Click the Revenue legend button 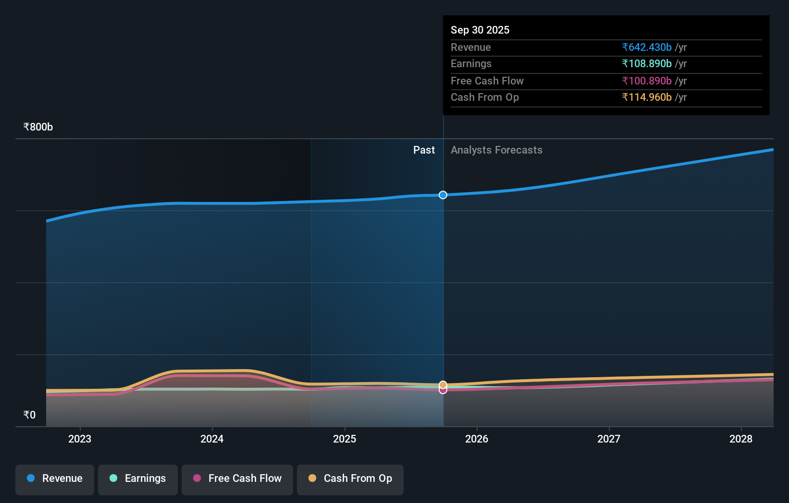click(x=55, y=479)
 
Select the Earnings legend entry click(x=138, y=479)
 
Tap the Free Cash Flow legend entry click(x=237, y=479)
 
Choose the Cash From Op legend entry click(x=350, y=479)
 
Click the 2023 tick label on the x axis click(x=80, y=439)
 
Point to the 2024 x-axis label click(x=212, y=439)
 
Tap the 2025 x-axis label click(x=345, y=439)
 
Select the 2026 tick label click(x=477, y=439)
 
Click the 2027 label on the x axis click(x=609, y=439)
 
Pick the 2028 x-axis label click(x=741, y=439)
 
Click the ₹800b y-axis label click(x=38, y=127)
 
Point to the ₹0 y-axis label click(x=29, y=415)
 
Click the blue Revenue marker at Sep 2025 click(x=443, y=195)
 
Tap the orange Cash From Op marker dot click(x=443, y=384)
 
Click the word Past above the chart click(x=424, y=150)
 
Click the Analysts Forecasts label click(x=496, y=150)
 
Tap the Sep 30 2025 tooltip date click(x=480, y=30)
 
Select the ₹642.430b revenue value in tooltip click(x=647, y=47)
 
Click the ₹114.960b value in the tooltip click(x=647, y=97)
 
